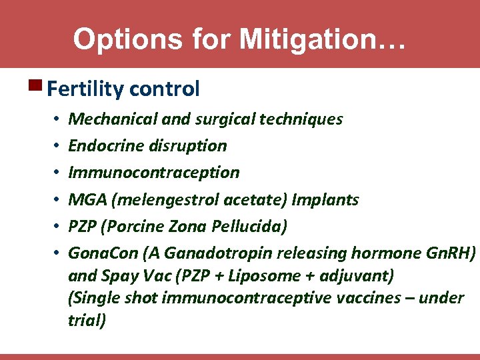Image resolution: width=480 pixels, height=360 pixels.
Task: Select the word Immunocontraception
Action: pyautogui.click(x=154, y=173)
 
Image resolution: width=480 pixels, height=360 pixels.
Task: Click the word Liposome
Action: pyautogui.click(x=264, y=275)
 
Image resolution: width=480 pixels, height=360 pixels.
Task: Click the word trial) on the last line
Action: pyautogui.click(x=87, y=320)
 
